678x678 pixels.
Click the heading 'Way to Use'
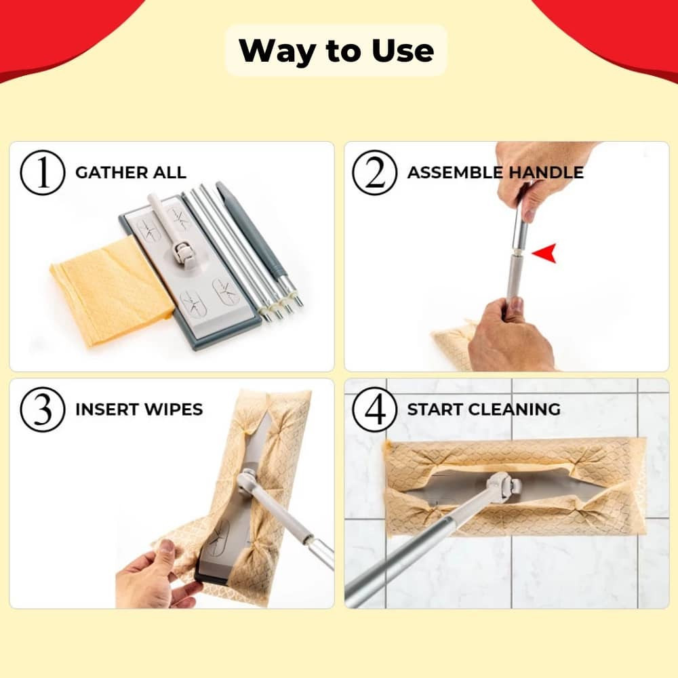point(336,51)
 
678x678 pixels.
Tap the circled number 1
point(42,172)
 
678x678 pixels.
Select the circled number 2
point(374,172)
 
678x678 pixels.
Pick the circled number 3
point(42,410)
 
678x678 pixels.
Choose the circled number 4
point(374,410)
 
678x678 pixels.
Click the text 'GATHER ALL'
point(131,172)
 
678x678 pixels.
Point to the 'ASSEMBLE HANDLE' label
point(495,172)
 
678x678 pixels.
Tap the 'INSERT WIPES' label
point(139,410)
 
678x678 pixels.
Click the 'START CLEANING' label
point(483,410)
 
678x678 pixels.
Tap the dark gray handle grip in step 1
point(252,231)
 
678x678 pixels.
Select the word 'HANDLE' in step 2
point(546,172)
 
